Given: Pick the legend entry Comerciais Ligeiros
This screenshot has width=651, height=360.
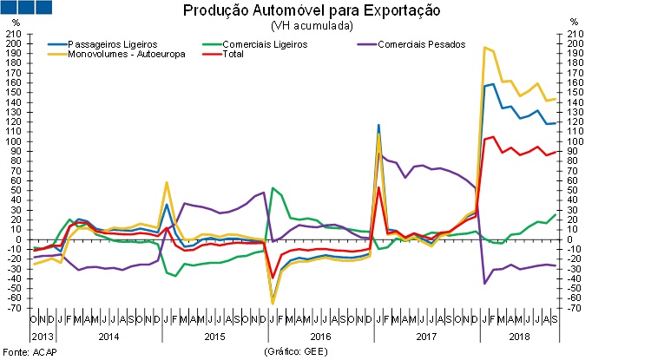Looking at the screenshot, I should (x=264, y=43).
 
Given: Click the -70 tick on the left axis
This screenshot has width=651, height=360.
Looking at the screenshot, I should (x=14, y=308).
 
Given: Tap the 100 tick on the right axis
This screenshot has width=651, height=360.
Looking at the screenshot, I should (x=574, y=141).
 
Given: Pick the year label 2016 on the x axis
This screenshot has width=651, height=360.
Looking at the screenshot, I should (x=320, y=335).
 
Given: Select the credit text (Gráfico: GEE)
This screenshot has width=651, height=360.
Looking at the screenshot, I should (x=298, y=351).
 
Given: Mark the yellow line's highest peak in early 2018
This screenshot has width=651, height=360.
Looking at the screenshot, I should (x=484, y=48).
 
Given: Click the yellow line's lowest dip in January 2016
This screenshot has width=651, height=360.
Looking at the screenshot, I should (x=273, y=304).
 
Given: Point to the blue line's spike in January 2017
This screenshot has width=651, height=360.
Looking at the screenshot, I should (x=378, y=125).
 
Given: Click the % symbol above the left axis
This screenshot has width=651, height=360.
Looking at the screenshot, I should (x=15, y=22).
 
